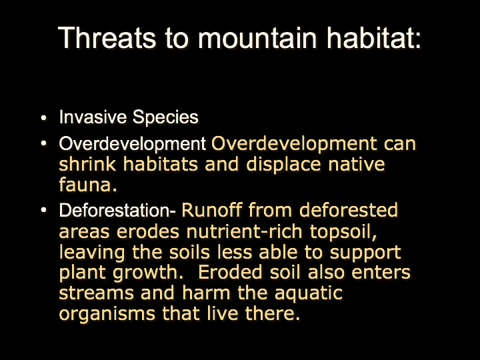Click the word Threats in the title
[107, 37]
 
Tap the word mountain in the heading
[257, 37]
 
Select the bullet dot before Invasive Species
[44, 117]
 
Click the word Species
[165, 117]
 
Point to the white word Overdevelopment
[132, 143]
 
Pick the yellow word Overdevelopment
[294, 143]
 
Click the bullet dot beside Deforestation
[44, 210]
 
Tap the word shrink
[87, 164]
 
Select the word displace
[283, 165]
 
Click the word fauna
[88, 185]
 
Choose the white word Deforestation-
[117, 210]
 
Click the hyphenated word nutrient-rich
[245, 231]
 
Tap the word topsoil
[343, 232]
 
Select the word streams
[97, 293]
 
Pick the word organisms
[107, 314]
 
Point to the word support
[365, 253]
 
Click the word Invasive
[93, 117]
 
